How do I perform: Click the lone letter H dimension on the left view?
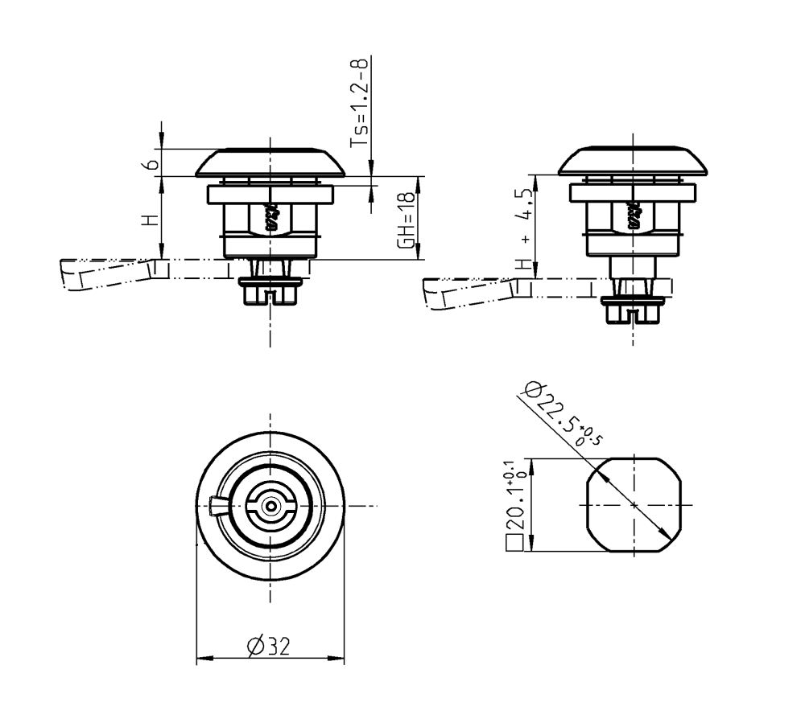pyautogui.click(x=148, y=219)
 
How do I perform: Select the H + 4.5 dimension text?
pyautogui.click(x=526, y=229)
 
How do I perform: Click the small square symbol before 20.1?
pyautogui.click(x=514, y=544)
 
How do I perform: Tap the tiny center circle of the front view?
pyautogui.click(x=270, y=506)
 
